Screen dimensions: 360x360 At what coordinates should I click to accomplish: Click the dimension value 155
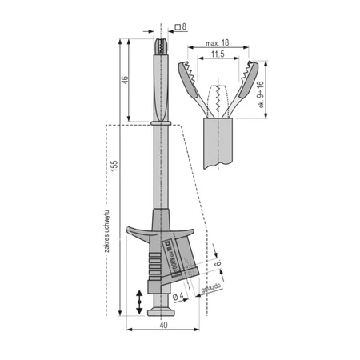[x=114, y=164]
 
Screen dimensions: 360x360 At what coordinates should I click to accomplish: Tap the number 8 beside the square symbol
[x=184, y=27]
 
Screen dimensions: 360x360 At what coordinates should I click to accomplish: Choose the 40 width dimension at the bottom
[x=163, y=325]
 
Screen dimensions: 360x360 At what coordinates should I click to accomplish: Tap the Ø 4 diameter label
[x=179, y=295]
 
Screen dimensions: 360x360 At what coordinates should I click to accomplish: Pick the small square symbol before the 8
[x=175, y=27]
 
